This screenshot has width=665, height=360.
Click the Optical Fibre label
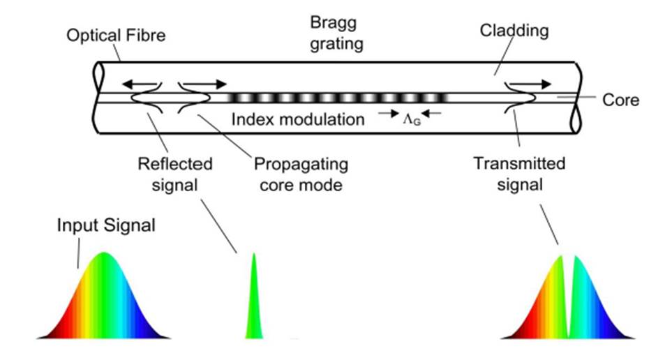coord(116,35)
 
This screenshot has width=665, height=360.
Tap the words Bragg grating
coord(336,33)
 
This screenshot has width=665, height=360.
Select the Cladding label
coord(514,31)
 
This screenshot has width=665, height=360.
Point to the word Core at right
coord(620,100)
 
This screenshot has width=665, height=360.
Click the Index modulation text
coord(298,119)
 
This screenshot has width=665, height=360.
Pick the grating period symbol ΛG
coord(412,119)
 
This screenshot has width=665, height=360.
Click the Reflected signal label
coord(174,174)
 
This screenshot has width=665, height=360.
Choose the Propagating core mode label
coord(301,174)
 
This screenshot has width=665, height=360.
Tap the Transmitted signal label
coord(520,174)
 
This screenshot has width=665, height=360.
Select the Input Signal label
coord(106,225)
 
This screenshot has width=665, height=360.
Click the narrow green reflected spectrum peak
coord(254,297)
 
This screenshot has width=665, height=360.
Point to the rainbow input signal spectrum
coord(103,297)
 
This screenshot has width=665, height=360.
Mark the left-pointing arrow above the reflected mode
coord(140,84)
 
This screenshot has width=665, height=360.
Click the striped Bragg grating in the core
coord(337,98)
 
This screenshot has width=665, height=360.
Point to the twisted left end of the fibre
coord(98,98)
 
